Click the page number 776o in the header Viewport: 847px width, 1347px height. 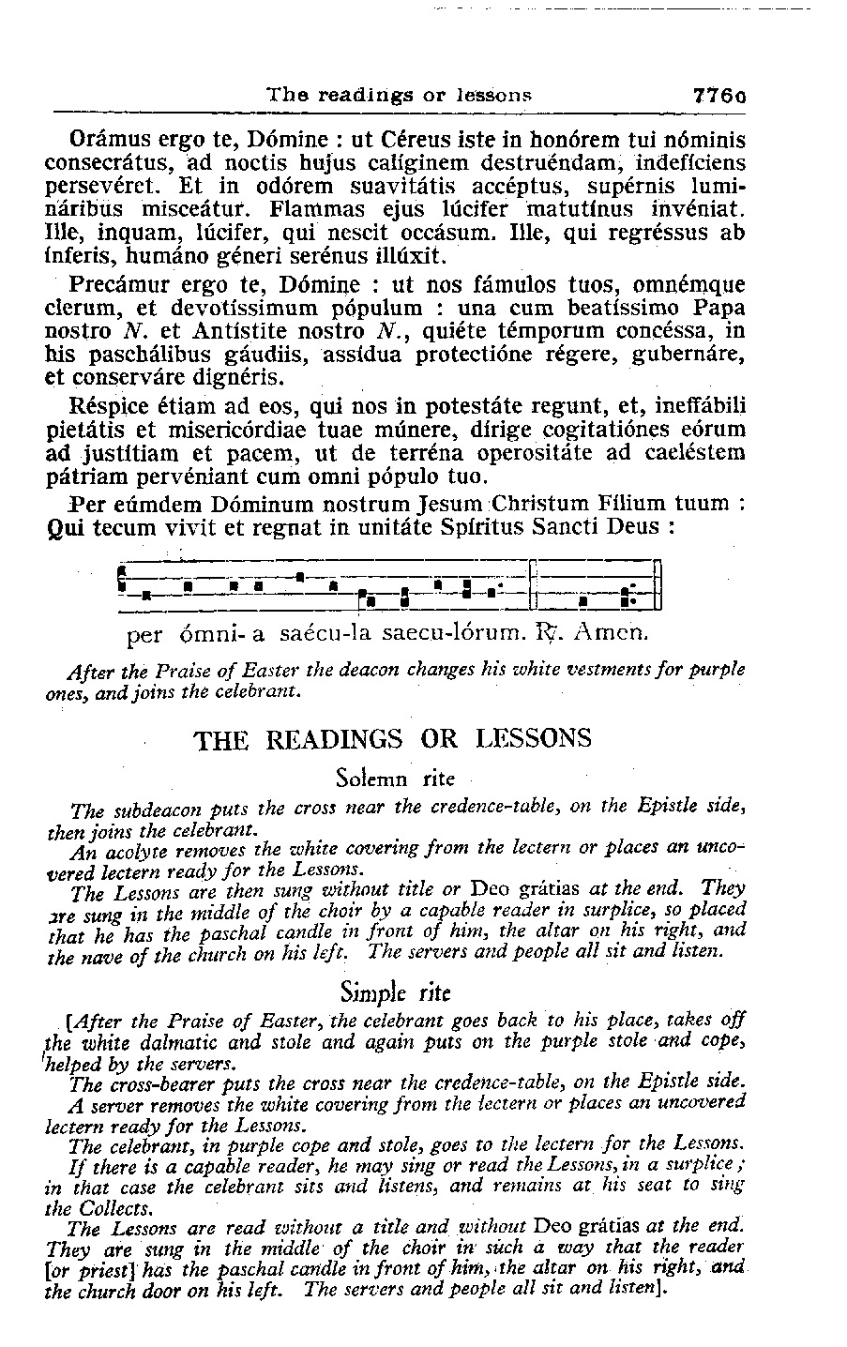pyautogui.click(x=718, y=95)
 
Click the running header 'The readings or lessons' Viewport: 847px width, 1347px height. pyautogui.click(x=400, y=95)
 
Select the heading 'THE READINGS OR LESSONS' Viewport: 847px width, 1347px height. pyautogui.click(x=393, y=739)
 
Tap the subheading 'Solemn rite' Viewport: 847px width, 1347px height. pyautogui.click(x=394, y=779)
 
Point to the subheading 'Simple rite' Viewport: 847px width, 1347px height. pyautogui.click(x=394, y=991)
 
